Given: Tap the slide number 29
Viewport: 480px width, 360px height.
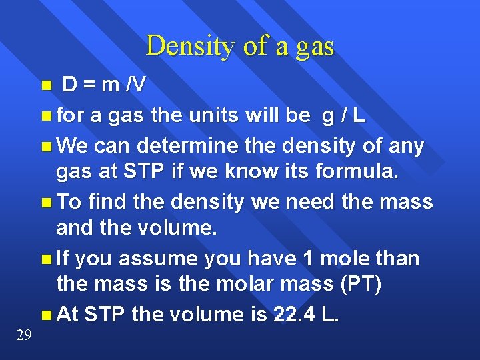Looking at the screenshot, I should point(23,335).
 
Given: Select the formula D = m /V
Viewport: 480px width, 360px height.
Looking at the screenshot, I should point(105,85).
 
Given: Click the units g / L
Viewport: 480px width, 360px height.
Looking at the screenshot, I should point(343,115).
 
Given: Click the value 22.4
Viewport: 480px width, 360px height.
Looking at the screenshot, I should point(293,314).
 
